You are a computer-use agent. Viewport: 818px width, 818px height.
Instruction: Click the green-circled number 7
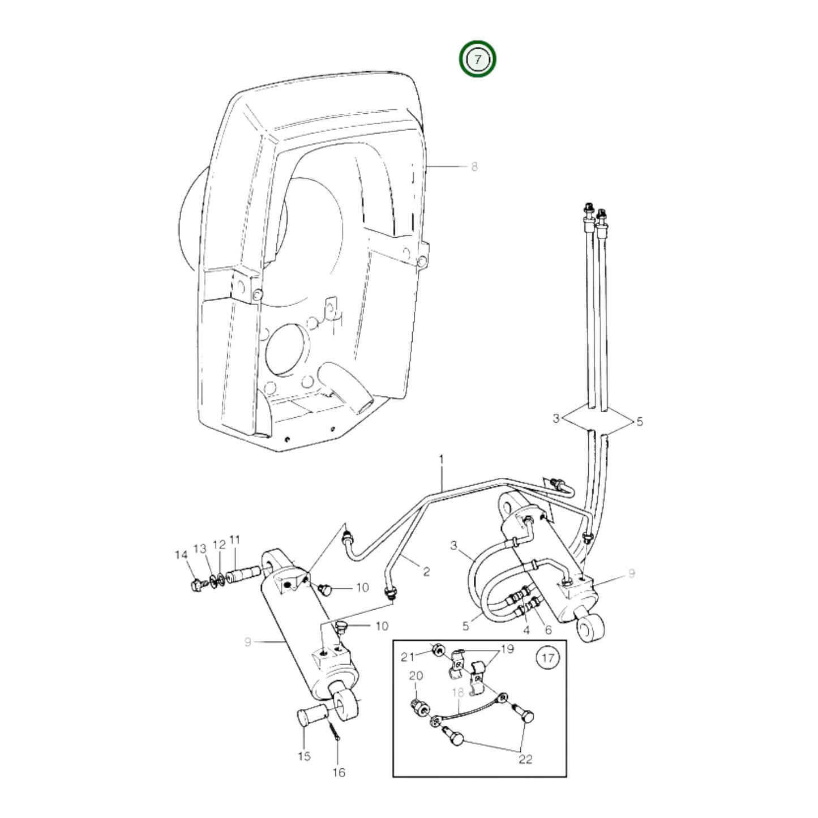tap(478, 59)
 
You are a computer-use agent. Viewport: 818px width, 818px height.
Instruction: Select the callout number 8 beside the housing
tap(474, 167)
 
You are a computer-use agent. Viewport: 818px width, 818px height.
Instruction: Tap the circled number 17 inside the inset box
tap(548, 658)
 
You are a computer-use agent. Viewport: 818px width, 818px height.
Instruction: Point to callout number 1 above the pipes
tap(441, 459)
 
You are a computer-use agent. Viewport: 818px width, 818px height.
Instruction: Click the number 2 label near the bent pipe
tap(426, 571)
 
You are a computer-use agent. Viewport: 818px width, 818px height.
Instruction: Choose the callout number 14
tap(181, 555)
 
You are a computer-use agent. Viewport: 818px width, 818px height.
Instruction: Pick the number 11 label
tap(234, 540)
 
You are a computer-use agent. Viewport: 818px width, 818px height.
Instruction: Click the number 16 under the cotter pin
tap(339, 772)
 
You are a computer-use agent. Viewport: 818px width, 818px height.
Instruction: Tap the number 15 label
tap(304, 756)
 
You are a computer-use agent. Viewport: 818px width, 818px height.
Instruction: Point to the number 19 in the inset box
tap(507, 649)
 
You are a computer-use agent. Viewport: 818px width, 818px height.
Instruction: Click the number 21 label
tap(408, 658)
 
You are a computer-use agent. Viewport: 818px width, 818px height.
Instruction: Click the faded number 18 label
tap(458, 693)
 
